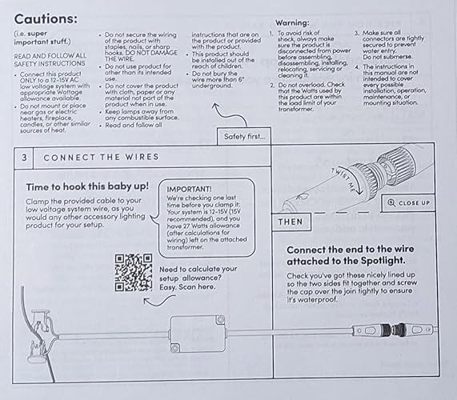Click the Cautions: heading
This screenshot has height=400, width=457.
[46, 19]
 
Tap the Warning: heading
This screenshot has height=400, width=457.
[292, 22]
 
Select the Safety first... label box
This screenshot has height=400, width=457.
[244, 136]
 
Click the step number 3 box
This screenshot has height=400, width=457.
[24, 158]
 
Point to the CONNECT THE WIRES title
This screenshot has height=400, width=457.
[101, 157]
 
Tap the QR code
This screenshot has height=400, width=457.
[134, 272]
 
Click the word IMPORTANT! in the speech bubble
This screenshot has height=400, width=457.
[189, 190]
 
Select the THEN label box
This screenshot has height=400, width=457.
[291, 222]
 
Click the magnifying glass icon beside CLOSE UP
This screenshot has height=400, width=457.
[391, 202]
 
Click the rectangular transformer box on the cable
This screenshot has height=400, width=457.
[198, 334]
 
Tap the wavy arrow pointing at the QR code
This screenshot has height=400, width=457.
[159, 300]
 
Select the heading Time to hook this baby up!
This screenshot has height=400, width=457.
[87, 186]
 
